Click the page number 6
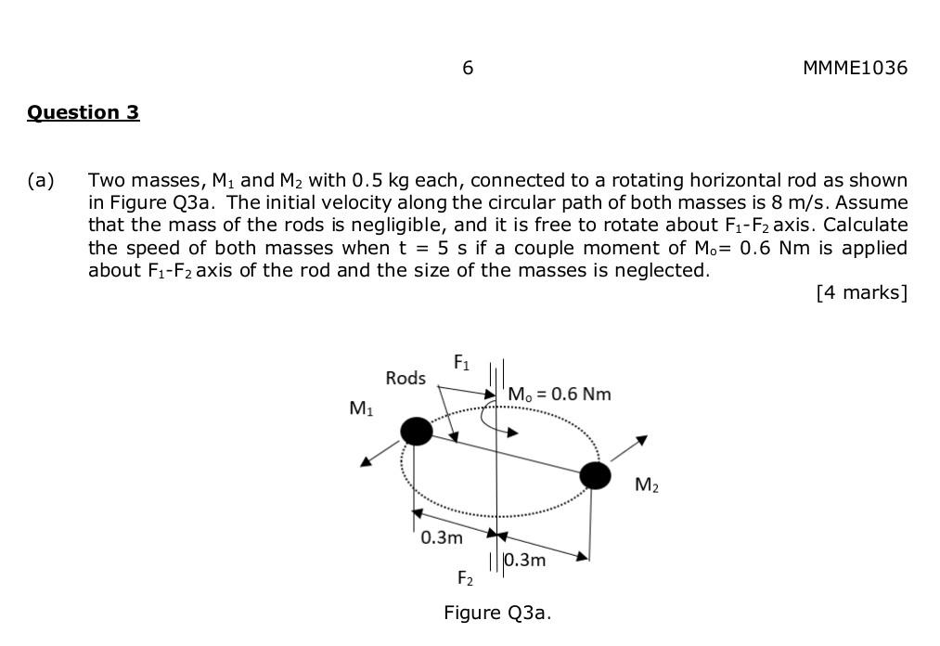tap(468, 68)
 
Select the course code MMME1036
tap(855, 68)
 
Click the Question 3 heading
tap(83, 112)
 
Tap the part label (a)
tap(41, 180)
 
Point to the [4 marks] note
tap(861, 293)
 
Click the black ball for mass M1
tap(417, 431)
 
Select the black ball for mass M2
tap(595, 475)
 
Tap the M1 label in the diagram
tap(361, 407)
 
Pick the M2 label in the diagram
tap(647, 484)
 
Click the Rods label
tap(406, 378)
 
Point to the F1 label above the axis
tap(461, 363)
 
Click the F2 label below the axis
tap(465, 578)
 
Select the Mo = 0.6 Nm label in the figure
tap(560, 394)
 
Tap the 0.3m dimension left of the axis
tap(441, 537)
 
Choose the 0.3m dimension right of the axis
tap(525, 560)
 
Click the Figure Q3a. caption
tap(497, 613)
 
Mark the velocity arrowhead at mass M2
tap(640, 440)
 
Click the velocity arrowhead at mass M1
tap(367, 461)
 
